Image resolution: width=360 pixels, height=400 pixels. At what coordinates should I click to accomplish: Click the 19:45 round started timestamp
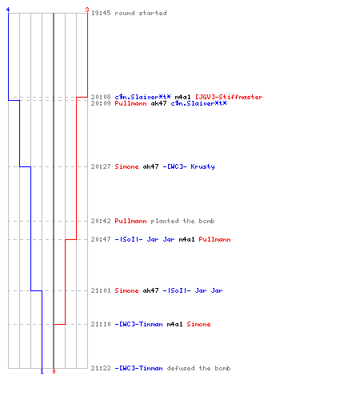[x=101, y=13]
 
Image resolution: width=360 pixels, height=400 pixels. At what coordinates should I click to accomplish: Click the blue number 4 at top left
[x=8, y=10]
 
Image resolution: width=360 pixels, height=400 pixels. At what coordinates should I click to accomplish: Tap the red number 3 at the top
[x=87, y=10]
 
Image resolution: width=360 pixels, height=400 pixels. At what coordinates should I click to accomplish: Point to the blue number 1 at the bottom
[x=42, y=371]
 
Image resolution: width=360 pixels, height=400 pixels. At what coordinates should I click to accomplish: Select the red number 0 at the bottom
[x=54, y=371]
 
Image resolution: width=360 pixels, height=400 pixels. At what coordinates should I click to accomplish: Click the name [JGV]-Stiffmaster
[x=229, y=97]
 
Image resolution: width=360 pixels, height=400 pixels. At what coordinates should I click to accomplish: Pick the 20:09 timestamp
[x=101, y=103]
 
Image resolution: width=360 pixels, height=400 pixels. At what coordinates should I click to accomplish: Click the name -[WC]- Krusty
[x=189, y=166]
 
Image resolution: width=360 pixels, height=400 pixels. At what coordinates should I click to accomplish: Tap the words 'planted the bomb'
[x=182, y=221]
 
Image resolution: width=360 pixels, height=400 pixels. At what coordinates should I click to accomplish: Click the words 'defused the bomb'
[x=198, y=368]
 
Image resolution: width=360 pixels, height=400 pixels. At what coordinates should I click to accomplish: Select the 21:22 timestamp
[x=101, y=368]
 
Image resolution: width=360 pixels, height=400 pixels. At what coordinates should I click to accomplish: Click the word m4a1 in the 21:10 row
[x=174, y=324]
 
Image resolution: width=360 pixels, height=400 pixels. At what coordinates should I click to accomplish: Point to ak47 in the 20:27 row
[x=150, y=166]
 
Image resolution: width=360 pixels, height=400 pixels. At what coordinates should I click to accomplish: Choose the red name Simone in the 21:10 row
[x=198, y=324]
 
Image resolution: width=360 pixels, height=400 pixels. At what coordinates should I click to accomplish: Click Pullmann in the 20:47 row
[x=214, y=239]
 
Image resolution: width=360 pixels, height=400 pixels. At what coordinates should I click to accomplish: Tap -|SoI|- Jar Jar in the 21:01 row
[x=193, y=290]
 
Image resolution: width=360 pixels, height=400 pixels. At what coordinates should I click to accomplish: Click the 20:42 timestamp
[x=101, y=221]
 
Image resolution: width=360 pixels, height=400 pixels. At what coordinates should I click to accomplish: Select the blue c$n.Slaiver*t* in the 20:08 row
[x=142, y=97]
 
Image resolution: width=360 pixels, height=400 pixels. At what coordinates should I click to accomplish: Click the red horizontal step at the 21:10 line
[x=59, y=324]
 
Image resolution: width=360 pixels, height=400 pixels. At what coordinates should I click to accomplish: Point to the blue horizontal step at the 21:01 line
[x=36, y=290]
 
